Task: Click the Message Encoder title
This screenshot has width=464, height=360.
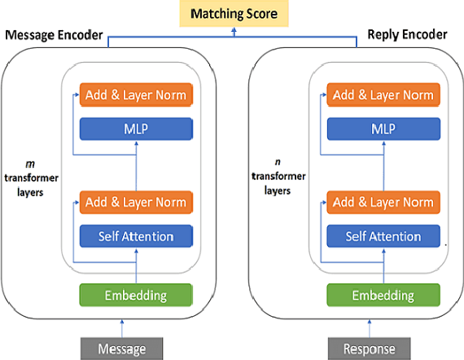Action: (54, 37)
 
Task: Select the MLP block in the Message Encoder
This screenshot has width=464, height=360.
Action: (135, 129)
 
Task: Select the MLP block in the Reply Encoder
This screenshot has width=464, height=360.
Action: (383, 129)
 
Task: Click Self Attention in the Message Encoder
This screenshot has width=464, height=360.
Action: (135, 236)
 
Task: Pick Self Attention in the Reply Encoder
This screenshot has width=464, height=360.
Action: (383, 236)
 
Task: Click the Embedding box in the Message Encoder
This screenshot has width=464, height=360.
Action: (135, 294)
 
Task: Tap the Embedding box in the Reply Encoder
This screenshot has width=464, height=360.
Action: (383, 294)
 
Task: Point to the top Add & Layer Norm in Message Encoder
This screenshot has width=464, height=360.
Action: (135, 95)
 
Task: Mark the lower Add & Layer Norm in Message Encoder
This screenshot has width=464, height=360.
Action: (135, 203)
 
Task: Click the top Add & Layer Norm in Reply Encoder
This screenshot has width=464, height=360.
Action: (383, 95)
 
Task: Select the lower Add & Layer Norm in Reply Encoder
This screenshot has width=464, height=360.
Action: (383, 203)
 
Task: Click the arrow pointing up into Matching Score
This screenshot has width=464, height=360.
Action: (233, 31)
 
